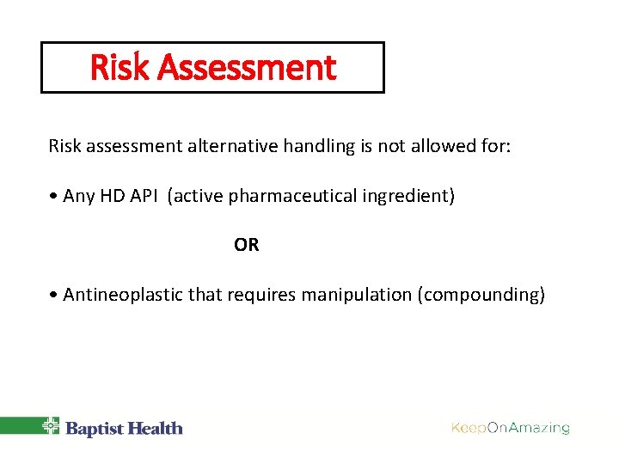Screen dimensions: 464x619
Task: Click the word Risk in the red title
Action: click(119, 68)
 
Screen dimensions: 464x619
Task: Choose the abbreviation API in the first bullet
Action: click(145, 196)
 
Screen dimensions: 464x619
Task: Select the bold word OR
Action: click(246, 246)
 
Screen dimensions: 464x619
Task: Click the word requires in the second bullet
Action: click(258, 295)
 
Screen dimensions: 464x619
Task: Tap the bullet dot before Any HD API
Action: click(53, 197)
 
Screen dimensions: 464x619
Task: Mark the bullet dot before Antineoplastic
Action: click(53, 296)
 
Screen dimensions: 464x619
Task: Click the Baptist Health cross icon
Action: click(52, 426)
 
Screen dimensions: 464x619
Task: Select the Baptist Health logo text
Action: click(125, 428)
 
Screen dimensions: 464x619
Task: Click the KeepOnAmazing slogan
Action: click(511, 428)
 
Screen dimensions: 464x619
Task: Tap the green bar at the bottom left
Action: click(19, 425)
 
